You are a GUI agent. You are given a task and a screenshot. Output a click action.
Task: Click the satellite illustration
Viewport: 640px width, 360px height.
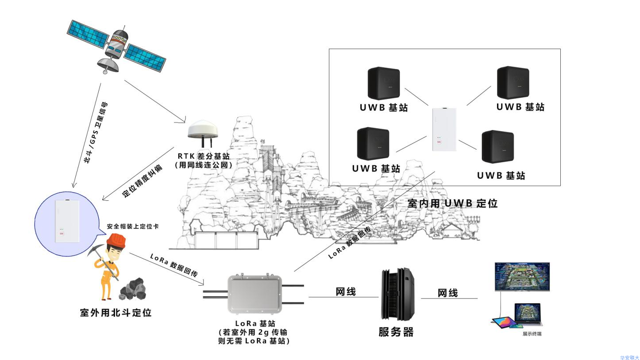point(116,47)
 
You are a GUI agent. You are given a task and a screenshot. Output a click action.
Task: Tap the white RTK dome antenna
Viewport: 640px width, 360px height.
point(203,130)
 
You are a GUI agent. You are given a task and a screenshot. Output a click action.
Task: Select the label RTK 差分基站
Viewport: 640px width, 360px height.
point(204,156)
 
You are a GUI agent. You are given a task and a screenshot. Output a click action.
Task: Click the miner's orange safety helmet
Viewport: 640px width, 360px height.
point(117,240)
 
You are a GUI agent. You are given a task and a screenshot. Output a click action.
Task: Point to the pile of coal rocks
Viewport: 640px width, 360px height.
point(133,289)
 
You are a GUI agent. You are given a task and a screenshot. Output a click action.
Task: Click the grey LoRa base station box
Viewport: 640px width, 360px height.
point(254,294)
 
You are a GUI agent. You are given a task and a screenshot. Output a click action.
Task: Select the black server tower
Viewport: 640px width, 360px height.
point(397,294)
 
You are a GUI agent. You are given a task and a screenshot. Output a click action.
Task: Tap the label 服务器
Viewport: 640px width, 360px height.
point(396,332)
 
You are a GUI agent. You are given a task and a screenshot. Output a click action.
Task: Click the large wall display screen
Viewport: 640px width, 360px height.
point(522,276)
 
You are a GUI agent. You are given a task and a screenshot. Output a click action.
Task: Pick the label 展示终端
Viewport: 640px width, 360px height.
point(532,334)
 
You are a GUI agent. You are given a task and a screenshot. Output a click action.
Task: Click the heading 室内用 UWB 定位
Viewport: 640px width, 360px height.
point(452,203)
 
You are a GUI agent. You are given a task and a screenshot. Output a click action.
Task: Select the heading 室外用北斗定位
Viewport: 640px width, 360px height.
point(116,313)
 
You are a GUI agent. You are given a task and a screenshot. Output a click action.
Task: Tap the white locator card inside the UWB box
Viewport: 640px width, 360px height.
point(444,130)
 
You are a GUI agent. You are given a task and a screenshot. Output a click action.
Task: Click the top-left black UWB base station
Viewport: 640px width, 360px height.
point(384,83)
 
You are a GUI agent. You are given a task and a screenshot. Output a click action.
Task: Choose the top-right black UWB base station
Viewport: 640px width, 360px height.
point(513,83)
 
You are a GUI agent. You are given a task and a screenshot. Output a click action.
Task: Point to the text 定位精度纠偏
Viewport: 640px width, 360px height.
point(142,182)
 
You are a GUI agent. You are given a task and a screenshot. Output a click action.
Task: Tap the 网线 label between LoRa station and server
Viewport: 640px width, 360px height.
point(345,292)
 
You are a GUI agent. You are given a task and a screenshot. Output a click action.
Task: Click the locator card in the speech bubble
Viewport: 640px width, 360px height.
point(67,221)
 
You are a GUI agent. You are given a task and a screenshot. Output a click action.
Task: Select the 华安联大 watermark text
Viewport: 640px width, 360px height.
point(629,357)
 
